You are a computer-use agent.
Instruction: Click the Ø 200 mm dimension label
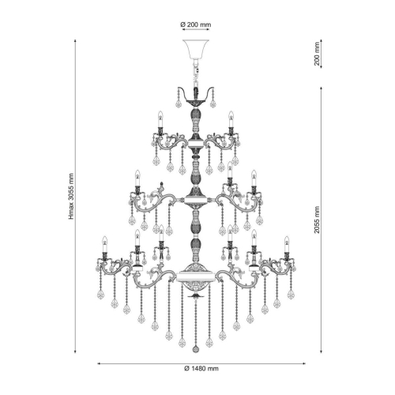(x=195, y=25)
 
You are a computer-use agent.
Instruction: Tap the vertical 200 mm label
(x=318, y=53)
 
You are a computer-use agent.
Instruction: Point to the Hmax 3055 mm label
(x=70, y=197)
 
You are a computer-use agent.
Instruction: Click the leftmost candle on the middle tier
(x=137, y=181)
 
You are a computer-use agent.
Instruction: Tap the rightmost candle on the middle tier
(x=254, y=181)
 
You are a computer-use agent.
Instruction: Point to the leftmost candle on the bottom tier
(x=103, y=244)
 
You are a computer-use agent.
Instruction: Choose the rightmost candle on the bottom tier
(x=288, y=244)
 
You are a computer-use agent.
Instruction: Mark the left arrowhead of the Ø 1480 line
(x=99, y=363)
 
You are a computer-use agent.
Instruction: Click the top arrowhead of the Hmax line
(x=77, y=40)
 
